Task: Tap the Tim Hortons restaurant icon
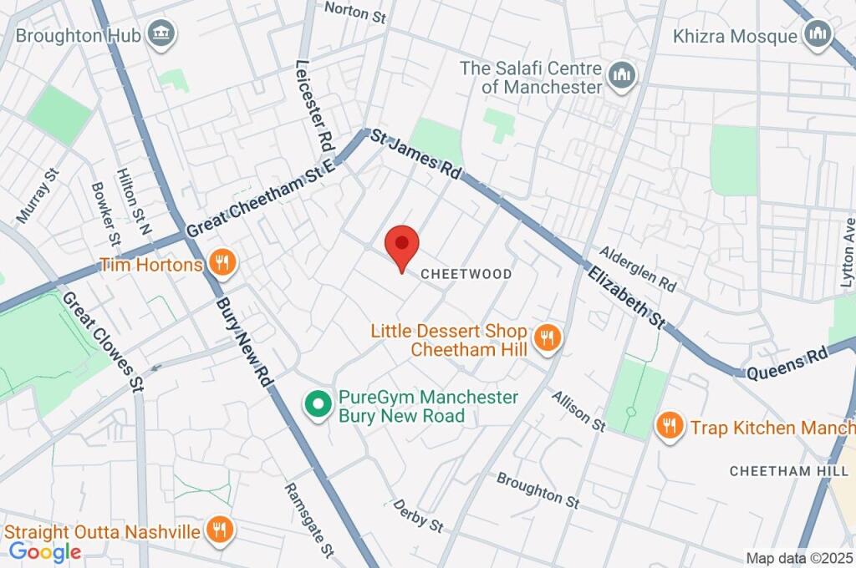coord(222,265)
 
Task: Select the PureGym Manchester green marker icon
coord(317,406)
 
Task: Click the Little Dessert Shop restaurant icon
coord(548,338)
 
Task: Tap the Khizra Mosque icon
coord(816,35)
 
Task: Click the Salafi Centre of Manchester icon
coord(621,76)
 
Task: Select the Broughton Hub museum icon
coord(158,35)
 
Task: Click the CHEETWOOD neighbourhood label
coord(466,274)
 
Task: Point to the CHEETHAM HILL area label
coord(782,471)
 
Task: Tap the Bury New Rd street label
coord(244,343)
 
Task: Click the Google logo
coord(44,552)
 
